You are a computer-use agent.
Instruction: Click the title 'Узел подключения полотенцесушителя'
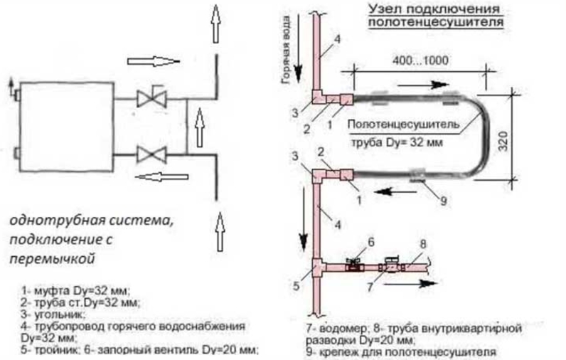pyautogui.click(x=436, y=16)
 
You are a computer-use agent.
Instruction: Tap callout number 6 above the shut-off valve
pyautogui.click(x=371, y=242)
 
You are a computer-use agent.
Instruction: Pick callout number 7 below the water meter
pyautogui.click(x=370, y=289)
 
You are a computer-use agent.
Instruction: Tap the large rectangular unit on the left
pyautogui.click(x=65, y=125)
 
